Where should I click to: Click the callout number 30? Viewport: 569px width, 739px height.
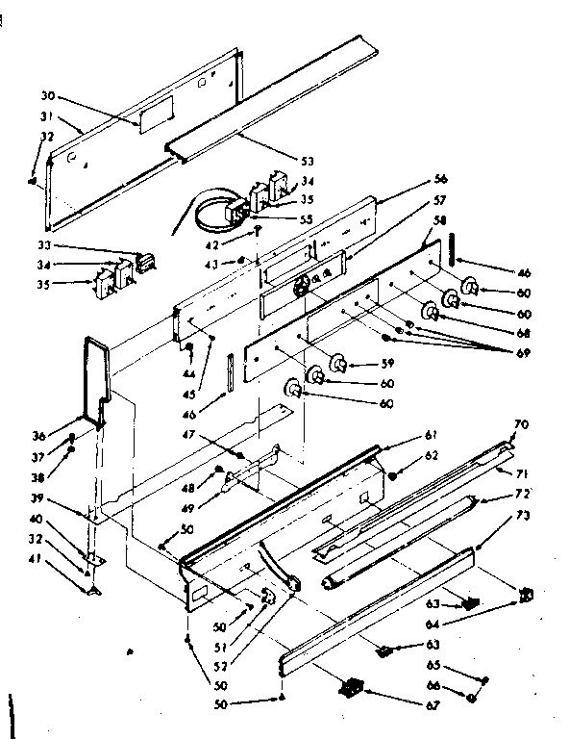tap(48, 96)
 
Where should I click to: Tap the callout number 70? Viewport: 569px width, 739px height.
tap(521, 424)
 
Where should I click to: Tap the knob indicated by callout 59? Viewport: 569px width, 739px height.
tap(338, 364)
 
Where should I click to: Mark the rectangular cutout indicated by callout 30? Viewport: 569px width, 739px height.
tap(151, 117)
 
